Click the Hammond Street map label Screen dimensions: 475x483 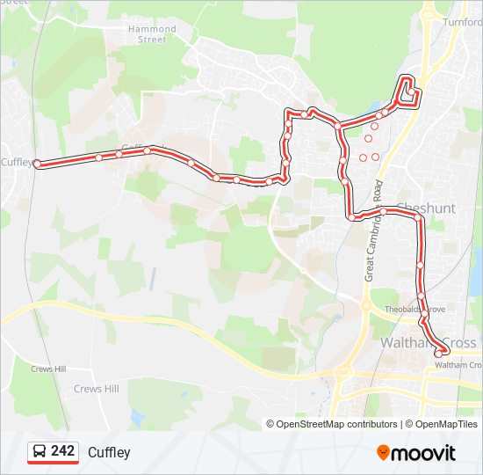tap(153, 34)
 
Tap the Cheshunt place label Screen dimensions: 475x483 tap(426, 208)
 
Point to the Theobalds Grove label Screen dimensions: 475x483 tap(416, 310)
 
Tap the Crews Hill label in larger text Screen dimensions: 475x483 tap(97, 389)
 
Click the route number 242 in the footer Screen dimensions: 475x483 tap(62, 451)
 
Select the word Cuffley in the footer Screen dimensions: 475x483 tap(109, 452)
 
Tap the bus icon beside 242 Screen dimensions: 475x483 tap(40, 451)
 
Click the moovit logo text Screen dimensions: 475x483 tap(424, 453)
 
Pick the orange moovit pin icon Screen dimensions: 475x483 tap(384, 452)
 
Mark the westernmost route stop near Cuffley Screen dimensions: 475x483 tap(37, 164)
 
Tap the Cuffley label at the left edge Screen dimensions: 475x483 tap(16, 163)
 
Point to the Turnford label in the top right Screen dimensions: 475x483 tap(463, 22)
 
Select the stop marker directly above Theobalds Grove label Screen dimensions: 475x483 tap(422, 296)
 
